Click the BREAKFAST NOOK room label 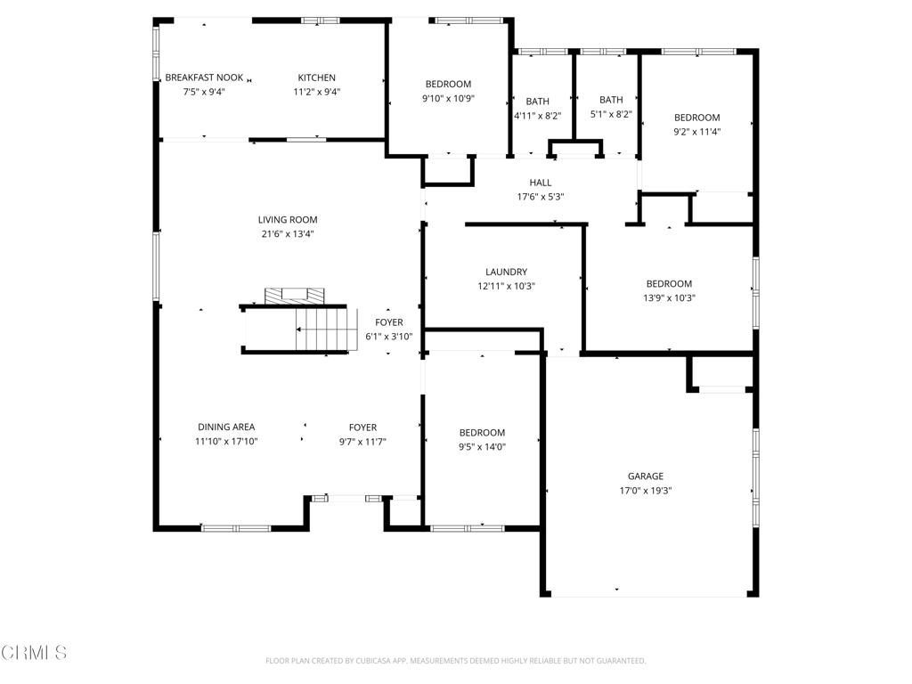point(204,77)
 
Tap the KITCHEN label point(316,77)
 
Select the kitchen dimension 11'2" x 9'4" point(316,92)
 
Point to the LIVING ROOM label point(288,220)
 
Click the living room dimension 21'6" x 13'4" point(288,234)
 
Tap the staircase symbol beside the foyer point(326,330)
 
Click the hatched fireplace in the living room point(294,296)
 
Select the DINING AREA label point(226,427)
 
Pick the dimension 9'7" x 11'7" point(363,442)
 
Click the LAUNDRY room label point(507,272)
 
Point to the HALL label point(541,183)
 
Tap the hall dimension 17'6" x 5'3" point(541,197)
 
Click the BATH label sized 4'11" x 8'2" point(537,102)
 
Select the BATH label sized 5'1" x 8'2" point(611,100)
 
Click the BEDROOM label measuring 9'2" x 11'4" point(697,118)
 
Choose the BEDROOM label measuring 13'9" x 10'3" point(670,284)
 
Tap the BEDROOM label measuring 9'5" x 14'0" point(482,433)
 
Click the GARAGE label point(646,476)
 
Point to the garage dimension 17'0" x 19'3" point(646,491)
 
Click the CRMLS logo point(34,653)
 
